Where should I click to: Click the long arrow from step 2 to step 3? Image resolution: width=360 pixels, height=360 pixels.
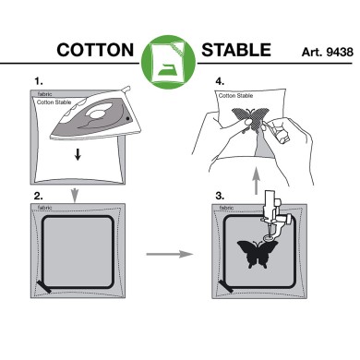(170, 249)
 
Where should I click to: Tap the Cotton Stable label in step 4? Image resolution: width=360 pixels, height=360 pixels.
(236, 95)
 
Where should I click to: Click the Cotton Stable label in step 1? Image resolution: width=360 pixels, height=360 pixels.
(53, 103)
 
